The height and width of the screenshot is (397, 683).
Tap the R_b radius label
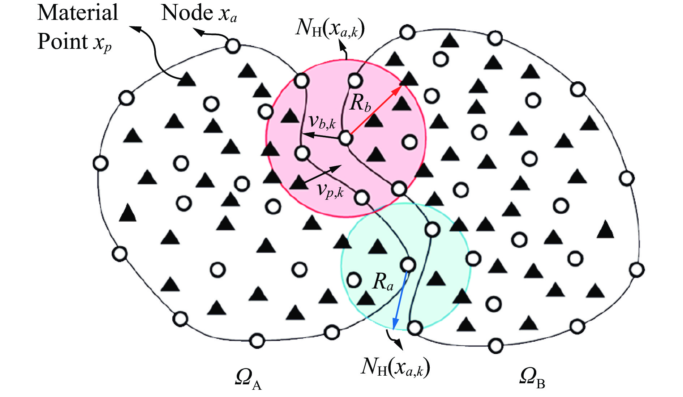(360, 103)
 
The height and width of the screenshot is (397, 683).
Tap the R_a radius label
(383, 281)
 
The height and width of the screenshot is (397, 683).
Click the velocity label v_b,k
(322, 122)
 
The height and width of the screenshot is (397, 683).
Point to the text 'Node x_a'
(199, 14)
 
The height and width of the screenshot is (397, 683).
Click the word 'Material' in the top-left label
(78, 13)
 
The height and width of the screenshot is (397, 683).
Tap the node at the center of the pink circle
(345, 138)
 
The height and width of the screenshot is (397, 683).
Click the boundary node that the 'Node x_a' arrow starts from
(233, 46)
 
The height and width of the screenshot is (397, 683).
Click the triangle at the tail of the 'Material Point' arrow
(187, 79)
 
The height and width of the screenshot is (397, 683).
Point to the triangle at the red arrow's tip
(408, 78)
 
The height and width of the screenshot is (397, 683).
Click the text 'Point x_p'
(74, 42)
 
